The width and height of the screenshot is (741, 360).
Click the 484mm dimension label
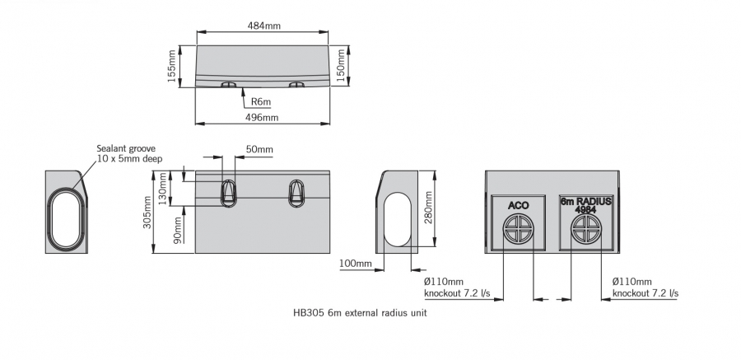coord(263,26)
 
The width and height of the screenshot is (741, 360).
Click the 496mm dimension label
coord(263,118)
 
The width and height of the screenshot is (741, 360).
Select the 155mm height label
coord(172,65)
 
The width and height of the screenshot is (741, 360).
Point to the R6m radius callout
coord(261,101)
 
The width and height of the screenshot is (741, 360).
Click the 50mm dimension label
coord(259,149)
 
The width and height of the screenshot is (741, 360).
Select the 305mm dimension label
coord(148,213)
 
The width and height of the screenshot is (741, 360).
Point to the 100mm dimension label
coord(355,264)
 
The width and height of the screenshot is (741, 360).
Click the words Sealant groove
coord(126,148)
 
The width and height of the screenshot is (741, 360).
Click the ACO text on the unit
coord(518,204)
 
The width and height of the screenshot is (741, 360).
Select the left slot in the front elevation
coord(228,192)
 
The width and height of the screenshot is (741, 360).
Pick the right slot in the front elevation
coord(296,192)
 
